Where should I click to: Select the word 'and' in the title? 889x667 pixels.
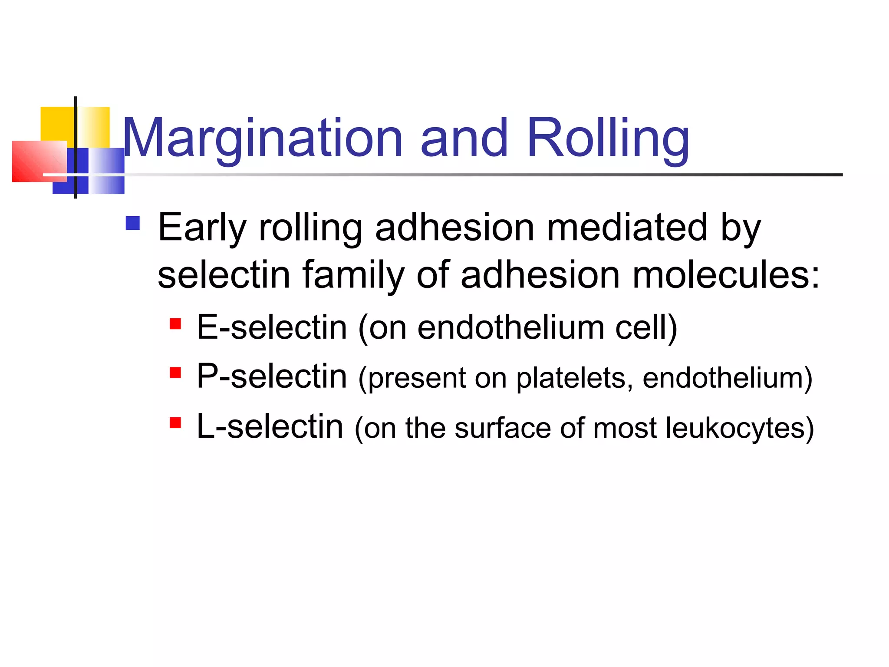(464, 138)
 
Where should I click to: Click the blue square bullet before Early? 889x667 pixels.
(132, 223)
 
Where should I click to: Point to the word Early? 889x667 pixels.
(202, 228)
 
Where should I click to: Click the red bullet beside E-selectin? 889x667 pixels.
(175, 324)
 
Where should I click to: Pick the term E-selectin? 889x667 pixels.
(272, 327)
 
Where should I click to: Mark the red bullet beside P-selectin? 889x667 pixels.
(175, 373)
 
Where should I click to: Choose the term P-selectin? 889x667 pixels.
(272, 376)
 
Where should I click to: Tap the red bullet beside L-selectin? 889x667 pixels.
(175, 423)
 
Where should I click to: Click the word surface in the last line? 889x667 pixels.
(502, 428)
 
